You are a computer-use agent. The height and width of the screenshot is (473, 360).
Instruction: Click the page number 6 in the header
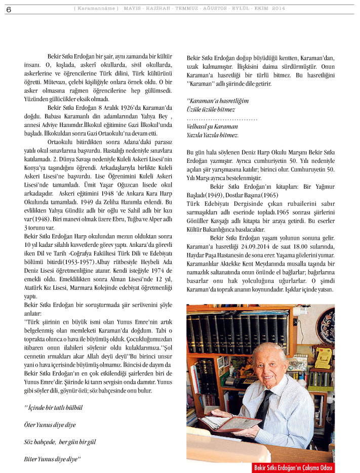tap(9, 9)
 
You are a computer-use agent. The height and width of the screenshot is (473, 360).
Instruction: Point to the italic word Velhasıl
tap(198, 126)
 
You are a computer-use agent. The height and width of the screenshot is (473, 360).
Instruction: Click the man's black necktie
tap(263, 407)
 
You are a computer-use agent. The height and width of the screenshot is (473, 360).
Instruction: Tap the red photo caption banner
tap(294, 467)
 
